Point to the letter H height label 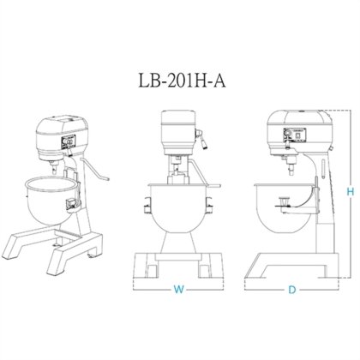pos(348,194)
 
